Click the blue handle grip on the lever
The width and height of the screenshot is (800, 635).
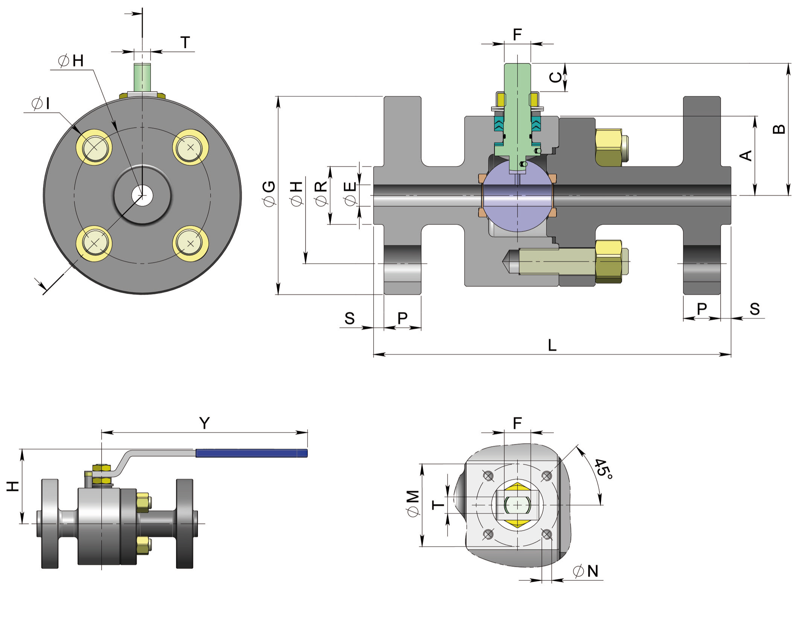point(251,453)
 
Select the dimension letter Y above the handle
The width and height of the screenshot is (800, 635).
point(204,423)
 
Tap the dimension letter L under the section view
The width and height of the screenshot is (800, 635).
point(552,345)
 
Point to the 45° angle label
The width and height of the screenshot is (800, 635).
point(603,469)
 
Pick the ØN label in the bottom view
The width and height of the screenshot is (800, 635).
point(586,571)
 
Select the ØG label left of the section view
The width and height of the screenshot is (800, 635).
point(269,194)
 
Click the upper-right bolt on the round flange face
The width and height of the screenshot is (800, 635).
point(190,147)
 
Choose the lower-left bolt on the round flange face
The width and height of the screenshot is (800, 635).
point(94,243)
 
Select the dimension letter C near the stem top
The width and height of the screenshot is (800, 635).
point(555,77)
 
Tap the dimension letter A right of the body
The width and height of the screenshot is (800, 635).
point(745,155)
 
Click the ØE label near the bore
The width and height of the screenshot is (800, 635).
point(350,194)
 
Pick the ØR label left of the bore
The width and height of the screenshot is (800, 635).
point(321,194)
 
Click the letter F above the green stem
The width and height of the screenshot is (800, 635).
point(517,35)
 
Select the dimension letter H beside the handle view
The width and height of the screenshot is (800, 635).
point(13,486)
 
